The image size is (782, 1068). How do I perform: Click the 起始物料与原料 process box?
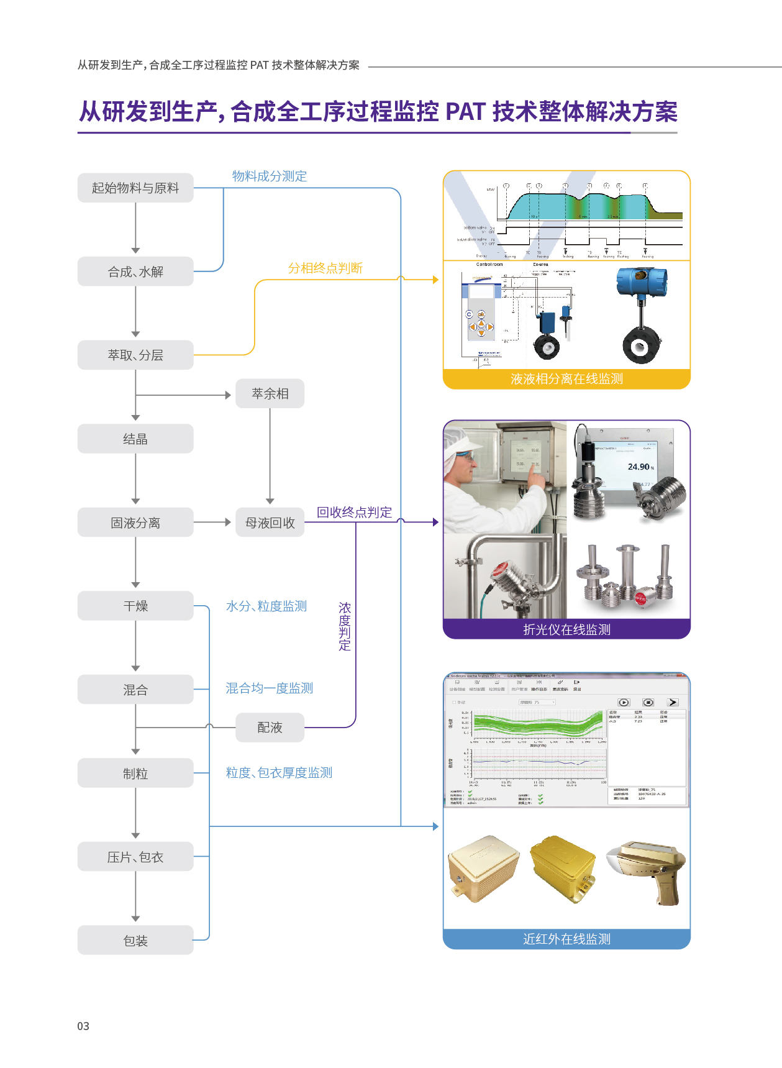click(x=135, y=188)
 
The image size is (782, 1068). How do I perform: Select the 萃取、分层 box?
click(x=135, y=355)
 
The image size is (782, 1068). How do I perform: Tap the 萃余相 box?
click(x=270, y=393)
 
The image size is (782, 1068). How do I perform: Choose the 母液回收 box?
click(x=270, y=523)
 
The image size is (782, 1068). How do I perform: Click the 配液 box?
click(x=270, y=727)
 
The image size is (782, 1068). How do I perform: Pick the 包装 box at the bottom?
click(x=135, y=940)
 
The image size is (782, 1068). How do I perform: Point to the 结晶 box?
click(x=135, y=439)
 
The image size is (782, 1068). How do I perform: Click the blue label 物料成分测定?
click(x=269, y=176)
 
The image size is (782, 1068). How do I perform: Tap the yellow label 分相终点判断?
click(x=325, y=268)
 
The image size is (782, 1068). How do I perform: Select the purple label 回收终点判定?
click(x=354, y=512)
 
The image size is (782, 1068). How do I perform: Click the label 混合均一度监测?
click(x=269, y=688)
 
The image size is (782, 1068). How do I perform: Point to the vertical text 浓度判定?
click(x=345, y=626)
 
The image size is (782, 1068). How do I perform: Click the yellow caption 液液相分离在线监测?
click(x=566, y=379)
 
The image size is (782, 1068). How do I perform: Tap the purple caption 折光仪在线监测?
click(x=566, y=629)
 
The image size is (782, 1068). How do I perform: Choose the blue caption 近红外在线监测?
click(x=566, y=939)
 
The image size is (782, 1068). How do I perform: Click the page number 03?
click(x=83, y=1026)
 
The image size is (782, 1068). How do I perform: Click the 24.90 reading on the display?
click(x=639, y=467)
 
